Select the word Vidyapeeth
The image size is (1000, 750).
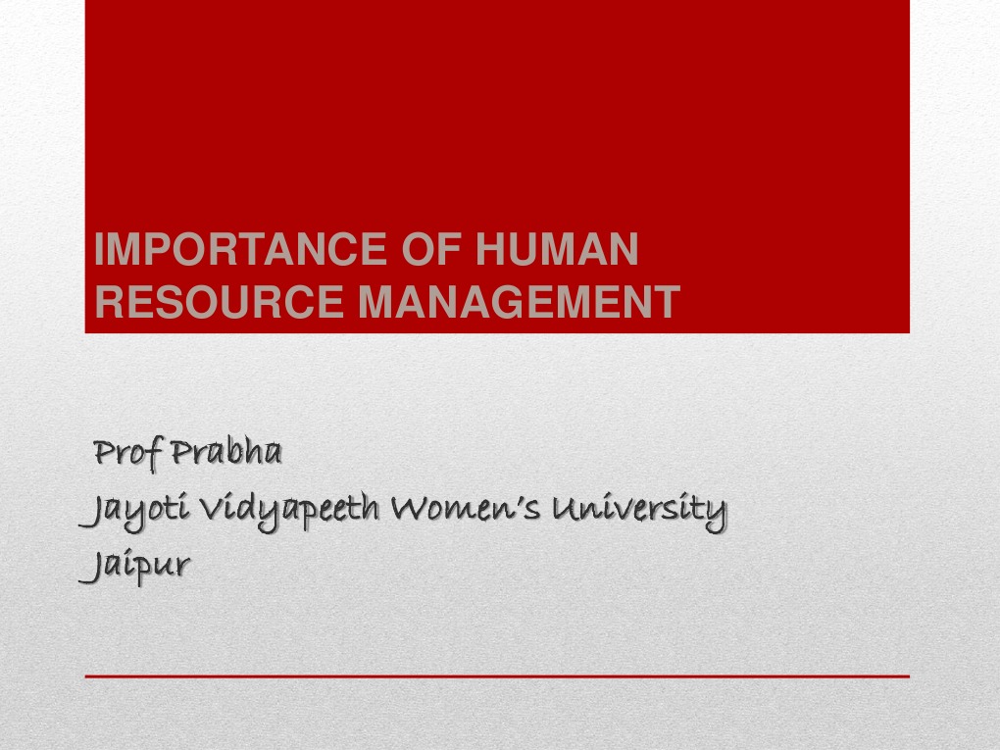click(284, 511)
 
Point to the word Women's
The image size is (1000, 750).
click(465, 509)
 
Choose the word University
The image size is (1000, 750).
click(637, 509)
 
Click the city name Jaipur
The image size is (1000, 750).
click(135, 567)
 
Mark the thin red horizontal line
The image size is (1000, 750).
click(497, 676)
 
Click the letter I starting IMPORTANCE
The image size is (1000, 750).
click(101, 249)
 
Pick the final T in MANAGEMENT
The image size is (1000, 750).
click(667, 302)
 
